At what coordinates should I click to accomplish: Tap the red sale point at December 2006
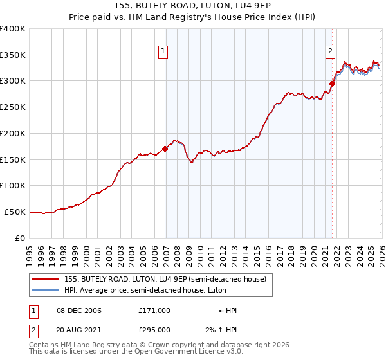coord(165,148)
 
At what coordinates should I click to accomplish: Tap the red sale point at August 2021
coord(333,84)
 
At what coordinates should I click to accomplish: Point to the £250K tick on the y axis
coord(13,107)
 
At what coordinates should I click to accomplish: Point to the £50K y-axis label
coord(15,212)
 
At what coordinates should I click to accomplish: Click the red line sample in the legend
coord(46,278)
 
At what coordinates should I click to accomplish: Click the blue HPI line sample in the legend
coord(46,290)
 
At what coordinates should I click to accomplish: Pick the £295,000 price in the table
coord(154,330)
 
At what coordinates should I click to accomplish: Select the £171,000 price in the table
coord(154,310)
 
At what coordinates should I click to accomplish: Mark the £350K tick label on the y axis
coord(13,55)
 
